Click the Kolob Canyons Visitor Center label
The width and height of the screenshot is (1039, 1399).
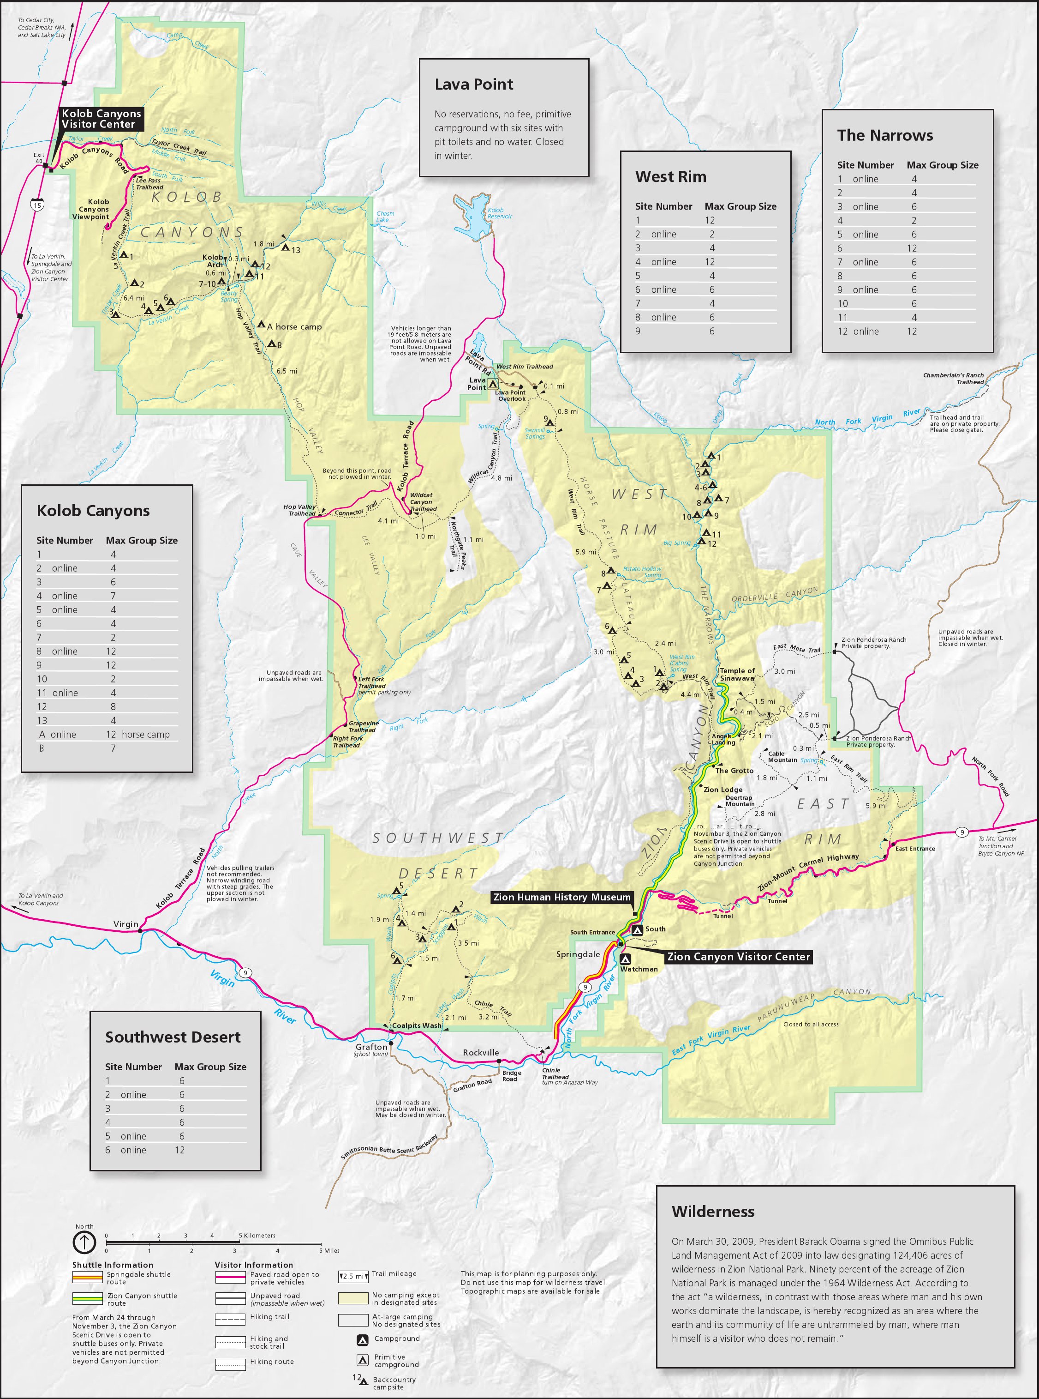101,119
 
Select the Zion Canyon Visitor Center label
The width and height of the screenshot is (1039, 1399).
738,957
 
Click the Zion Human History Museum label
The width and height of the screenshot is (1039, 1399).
561,897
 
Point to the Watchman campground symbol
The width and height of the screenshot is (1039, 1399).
625,959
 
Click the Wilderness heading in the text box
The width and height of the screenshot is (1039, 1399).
713,1212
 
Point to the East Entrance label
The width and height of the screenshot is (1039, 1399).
914,848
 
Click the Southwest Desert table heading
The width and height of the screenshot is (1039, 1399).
173,1037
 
